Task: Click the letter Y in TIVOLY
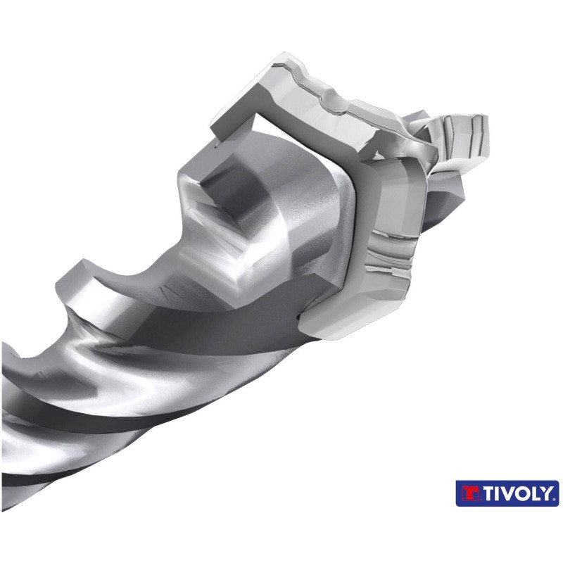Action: coord(545,493)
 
